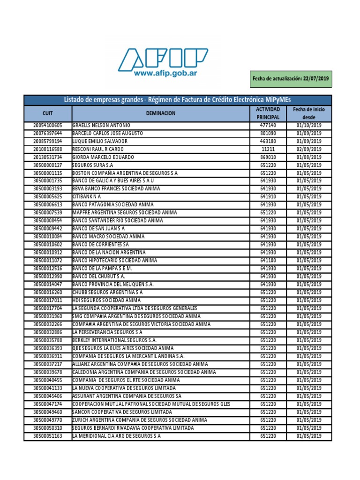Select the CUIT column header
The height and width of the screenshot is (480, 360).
tap(47, 113)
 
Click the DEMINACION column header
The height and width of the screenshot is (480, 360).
tap(160, 113)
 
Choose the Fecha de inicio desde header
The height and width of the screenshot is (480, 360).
tap(309, 113)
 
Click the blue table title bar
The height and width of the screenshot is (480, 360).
tap(178, 100)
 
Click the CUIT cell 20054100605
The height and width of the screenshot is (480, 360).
tap(47, 126)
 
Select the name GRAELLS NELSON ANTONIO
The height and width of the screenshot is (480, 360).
tap(101, 126)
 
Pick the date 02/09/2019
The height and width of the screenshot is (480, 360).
tap(309, 150)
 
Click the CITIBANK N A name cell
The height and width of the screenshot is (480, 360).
tap(87, 197)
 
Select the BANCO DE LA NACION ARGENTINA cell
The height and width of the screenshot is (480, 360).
tap(109, 253)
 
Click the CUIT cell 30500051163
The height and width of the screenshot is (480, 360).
tap(47, 436)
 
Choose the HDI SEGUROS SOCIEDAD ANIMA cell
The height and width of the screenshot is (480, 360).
tap(106, 300)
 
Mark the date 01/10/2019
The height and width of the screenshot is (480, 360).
tap(309, 126)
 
